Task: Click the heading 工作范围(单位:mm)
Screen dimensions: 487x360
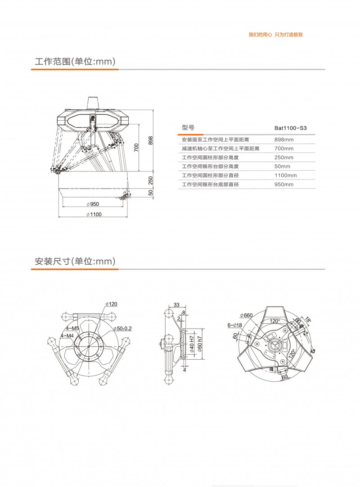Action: point(75,61)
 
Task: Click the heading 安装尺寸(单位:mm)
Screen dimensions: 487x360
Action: point(75,261)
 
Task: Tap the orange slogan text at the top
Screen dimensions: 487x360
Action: point(275,35)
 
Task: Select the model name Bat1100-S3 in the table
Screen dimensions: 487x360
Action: point(290,128)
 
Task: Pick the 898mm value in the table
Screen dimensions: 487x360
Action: point(284,140)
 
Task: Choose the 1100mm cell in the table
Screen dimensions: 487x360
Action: point(285,176)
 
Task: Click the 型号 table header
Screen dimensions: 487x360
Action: point(188,128)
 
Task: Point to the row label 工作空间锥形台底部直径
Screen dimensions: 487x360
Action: point(210,185)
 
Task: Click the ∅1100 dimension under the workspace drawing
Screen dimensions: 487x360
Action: point(94,215)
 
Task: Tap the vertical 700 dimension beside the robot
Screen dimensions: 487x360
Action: point(136,147)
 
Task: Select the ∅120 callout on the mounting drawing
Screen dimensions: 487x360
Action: point(111,304)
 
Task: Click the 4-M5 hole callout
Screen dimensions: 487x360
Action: point(72,328)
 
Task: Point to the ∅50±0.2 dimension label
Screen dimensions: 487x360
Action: point(122,329)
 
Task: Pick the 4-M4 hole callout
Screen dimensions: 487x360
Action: point(67,336)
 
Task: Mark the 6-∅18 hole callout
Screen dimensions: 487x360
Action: point(235,325)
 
